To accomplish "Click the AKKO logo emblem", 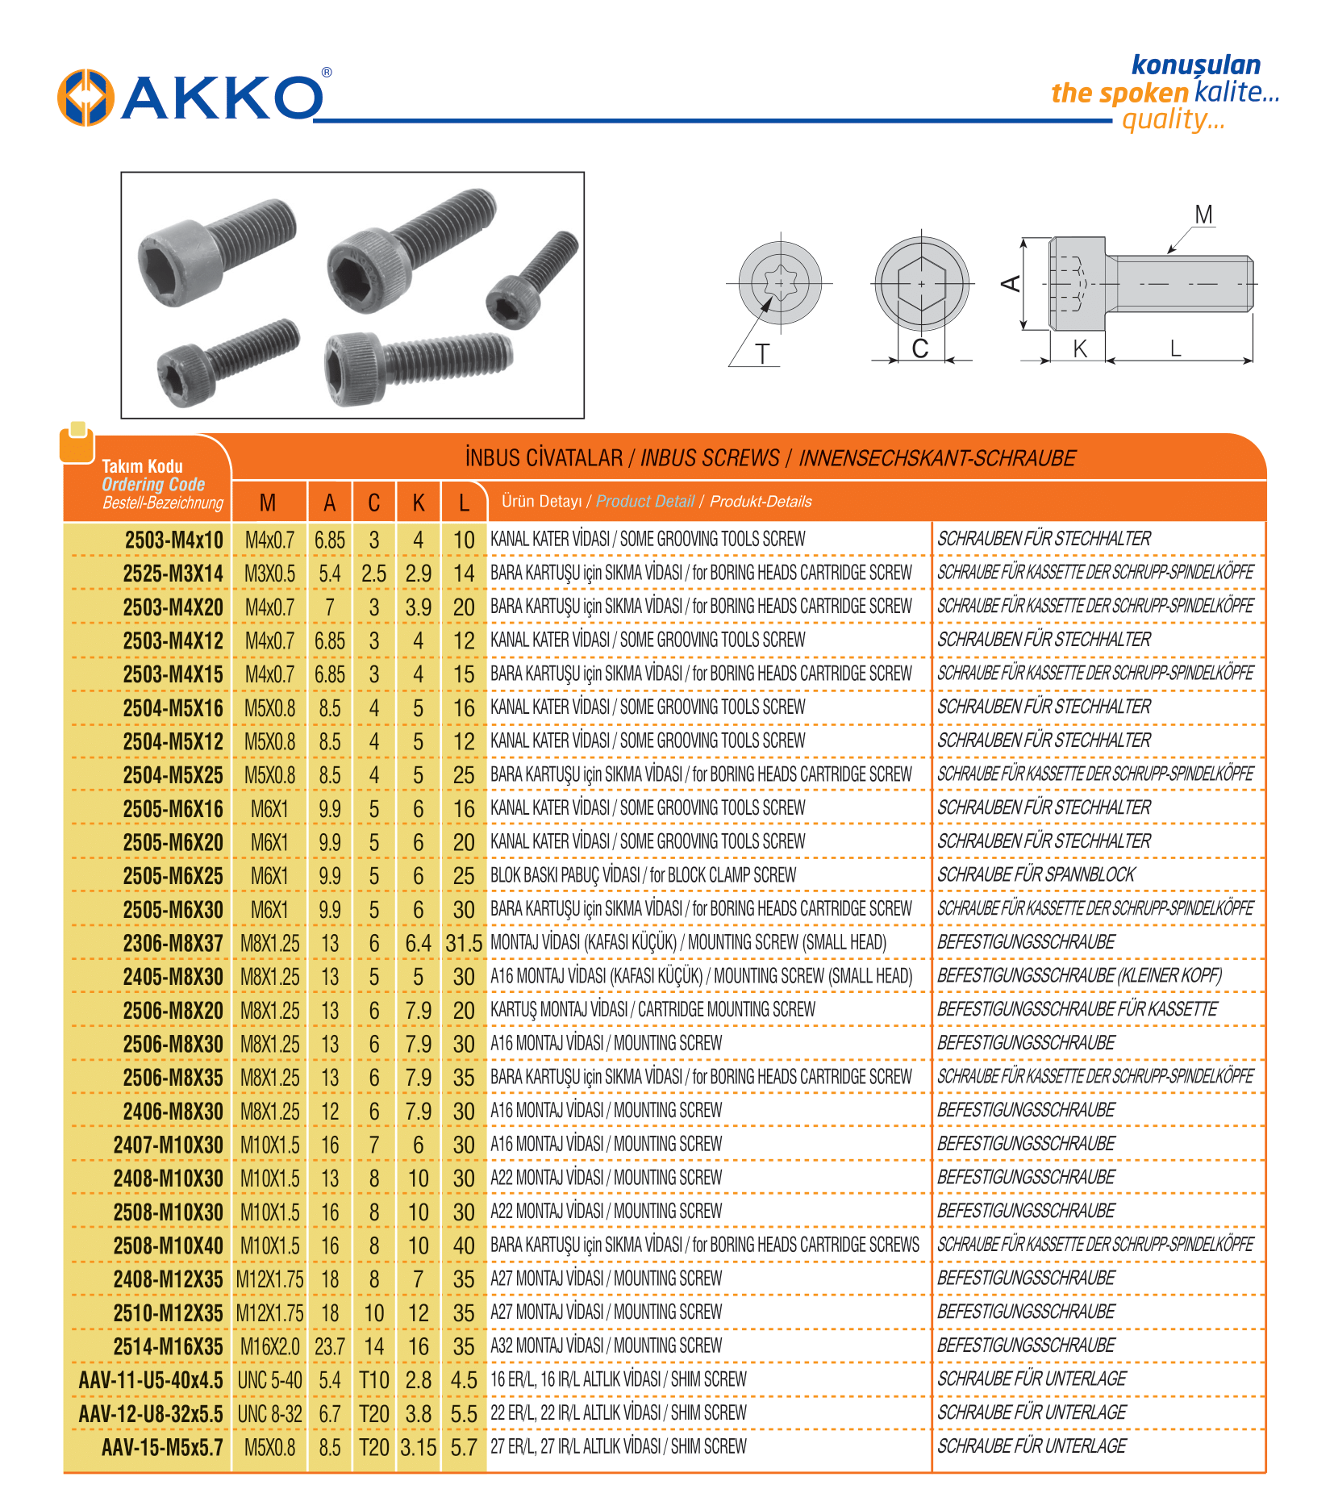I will (85, 98).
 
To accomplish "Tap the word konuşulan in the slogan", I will (1195, 65).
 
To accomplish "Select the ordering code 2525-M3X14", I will (173, 574).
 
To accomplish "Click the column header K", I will (418, 503).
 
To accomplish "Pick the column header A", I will (329, 503).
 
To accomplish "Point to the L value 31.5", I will (464, 943).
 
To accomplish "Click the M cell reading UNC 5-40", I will (269, 1380).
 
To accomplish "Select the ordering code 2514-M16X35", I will (168, 1346).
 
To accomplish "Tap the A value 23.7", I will (329, 1346).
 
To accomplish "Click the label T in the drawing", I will (762, 354).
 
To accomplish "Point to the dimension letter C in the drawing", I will (919, 348).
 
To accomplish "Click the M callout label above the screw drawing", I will (1203, 215).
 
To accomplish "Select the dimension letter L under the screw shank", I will (1175, 348).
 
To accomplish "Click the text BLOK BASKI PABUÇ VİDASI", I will (565, 875).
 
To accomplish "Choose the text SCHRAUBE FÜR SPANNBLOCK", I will (1036, 875).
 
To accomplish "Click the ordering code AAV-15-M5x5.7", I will (162, 1447).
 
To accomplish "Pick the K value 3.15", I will (418, 1447).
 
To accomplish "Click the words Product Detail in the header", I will (644, 501).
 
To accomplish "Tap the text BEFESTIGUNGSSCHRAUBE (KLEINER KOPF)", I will (1079, 976).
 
